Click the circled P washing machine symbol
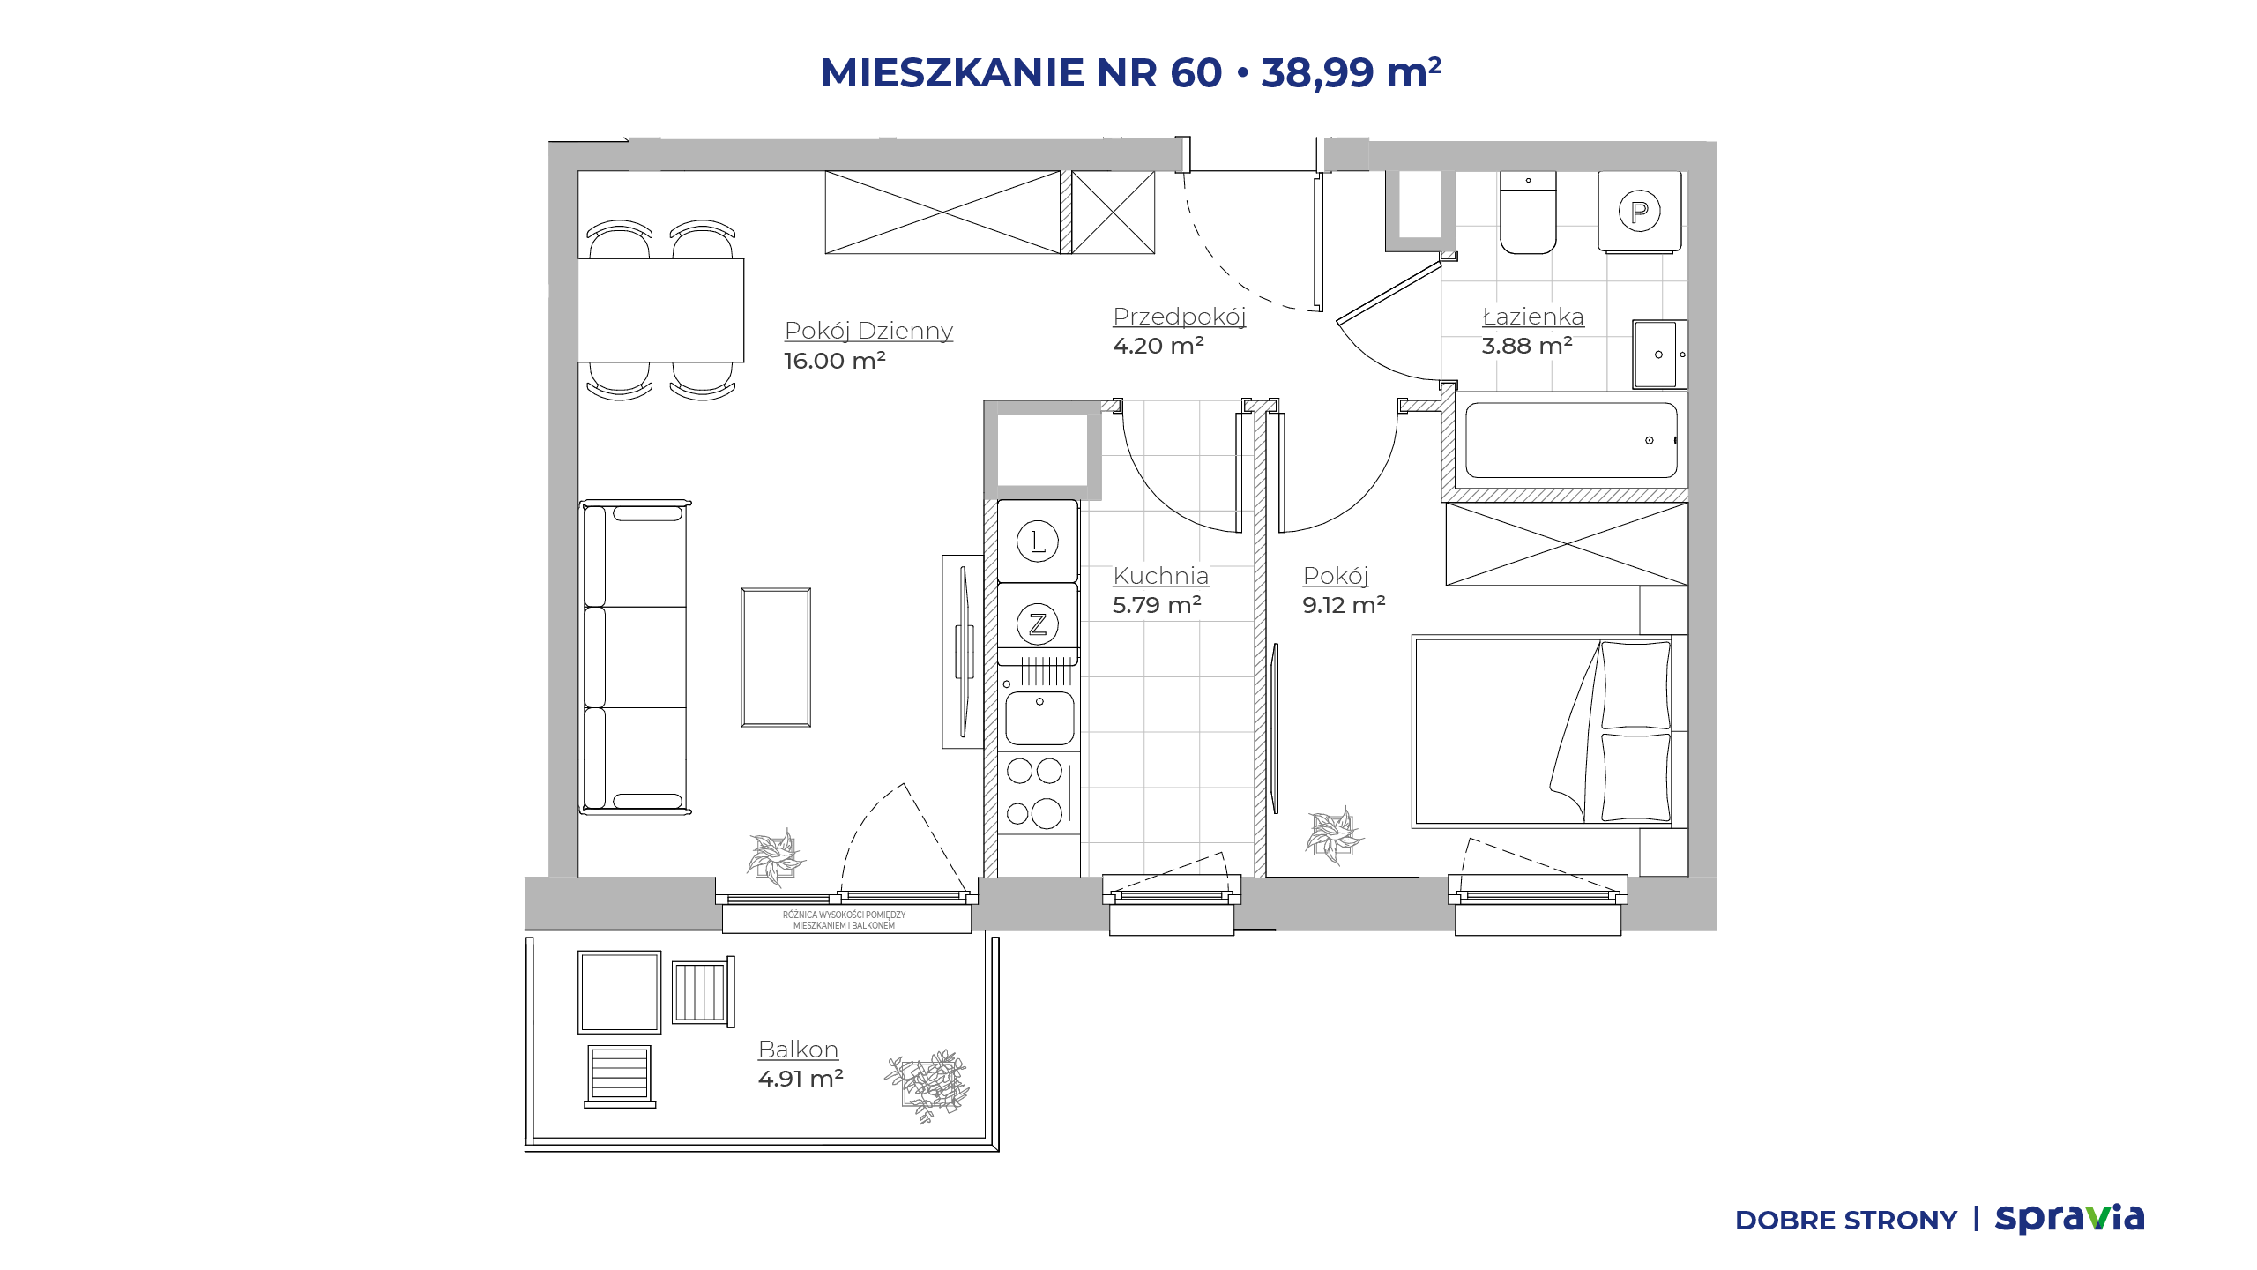click(x=1639, y=212)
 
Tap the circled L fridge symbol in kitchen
click(x=1038, y=541)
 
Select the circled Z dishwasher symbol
click(x=1038, y=624)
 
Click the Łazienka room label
click(x=1532, y=316)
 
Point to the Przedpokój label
click(x=1180, y=317)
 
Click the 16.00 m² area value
click(x=834, y=360)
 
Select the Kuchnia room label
click(x=1160, y=575)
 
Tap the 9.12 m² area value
click(x=1344, y=604)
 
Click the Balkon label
click(x=798, y=1049)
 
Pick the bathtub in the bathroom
click(x=1571, y=440)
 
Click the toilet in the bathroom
click(x=1528, y=213)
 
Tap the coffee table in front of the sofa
click(x=776, y=657)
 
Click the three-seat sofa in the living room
click(x=635, y=657)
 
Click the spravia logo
click(x=2069, y=1219)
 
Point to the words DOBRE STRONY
click(x=1845, y=1221)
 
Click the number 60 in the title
click(x=1196, y=72)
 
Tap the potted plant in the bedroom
click(x=1334, y=834)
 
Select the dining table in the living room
click(x=661, y=310)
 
